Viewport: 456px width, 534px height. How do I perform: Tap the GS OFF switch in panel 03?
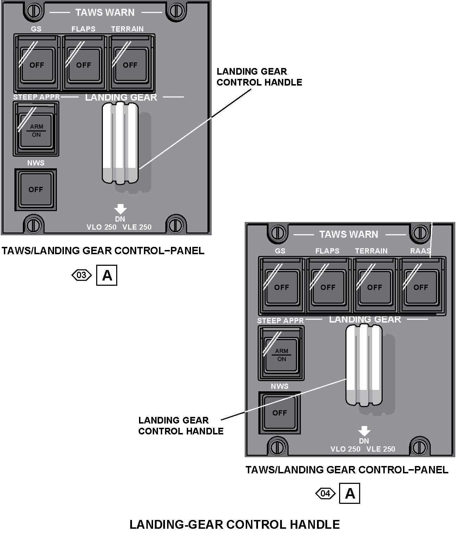(x=37, y=65)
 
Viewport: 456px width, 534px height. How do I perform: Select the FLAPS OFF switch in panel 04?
(x=328, y=287)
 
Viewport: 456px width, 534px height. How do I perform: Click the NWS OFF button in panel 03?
(x=35, y=190)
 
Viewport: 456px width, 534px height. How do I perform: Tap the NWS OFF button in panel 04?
(x=279, y=413)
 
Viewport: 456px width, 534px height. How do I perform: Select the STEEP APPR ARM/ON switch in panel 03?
(x=36, y=130)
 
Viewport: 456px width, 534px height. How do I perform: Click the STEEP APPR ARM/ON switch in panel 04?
(x=281, y=354)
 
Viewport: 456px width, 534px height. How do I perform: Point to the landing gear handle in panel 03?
(x=120, y=143)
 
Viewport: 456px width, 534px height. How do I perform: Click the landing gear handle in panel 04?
(x=364, y=365)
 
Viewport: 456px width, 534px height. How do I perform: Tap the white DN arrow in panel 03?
(x=120, y=209)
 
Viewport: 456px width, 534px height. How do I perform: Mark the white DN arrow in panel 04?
(x=364, y=431)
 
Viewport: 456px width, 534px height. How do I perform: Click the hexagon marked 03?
(x=81, y=275)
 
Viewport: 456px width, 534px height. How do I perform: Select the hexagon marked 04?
(x=325, y=494)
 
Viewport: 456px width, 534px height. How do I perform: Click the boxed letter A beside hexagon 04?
(x=350, y=494)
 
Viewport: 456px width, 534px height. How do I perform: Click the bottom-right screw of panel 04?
(x=418, y=447)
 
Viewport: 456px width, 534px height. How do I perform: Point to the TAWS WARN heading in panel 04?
(x=349, y=234)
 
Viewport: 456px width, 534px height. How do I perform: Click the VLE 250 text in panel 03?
(x=137, y=227)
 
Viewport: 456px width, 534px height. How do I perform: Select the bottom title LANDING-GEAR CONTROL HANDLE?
(x=234, y=525)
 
